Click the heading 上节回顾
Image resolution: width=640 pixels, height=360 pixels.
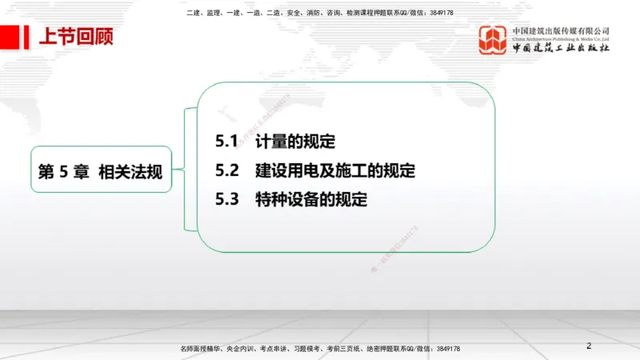tap(76, 38)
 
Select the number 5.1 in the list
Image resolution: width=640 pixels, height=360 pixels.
tap(227, 142)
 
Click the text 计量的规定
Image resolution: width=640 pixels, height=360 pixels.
tap(295, 142)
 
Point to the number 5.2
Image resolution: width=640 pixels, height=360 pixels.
tap(227, 171)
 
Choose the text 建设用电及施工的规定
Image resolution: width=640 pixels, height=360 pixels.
tap(335, 171)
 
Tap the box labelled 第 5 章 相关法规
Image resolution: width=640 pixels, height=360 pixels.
tap(101, 169)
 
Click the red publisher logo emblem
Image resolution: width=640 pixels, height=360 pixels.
tap(493, 40)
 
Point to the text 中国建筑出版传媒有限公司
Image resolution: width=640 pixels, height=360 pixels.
tap(561, 30)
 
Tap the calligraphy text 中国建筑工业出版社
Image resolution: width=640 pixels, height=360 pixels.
tap(561, 49)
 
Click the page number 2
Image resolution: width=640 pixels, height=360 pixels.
tap(589, 346)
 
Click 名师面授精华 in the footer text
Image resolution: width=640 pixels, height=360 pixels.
tap(200, 350)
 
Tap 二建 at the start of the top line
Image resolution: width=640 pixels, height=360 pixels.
tap(192, 14)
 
